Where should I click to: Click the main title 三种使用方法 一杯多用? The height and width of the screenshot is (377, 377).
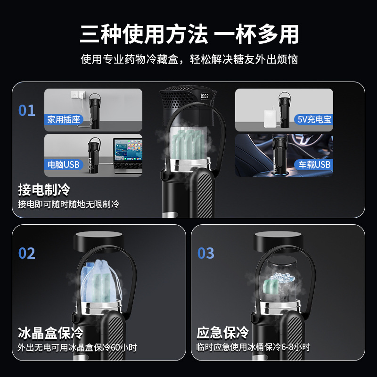pos(188,34)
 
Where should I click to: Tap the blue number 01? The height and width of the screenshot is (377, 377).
pos(27,110)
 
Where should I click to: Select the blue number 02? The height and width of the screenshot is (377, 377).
pos(27,253)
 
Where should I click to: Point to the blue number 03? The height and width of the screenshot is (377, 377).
pos(206,253)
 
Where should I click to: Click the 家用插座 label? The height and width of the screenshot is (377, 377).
pos(65,120)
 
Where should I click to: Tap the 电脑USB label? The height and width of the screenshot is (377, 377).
pos(64,164)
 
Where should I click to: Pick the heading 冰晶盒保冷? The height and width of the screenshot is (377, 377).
pos(50,333)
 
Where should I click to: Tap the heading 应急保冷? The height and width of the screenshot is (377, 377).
pos(222,333)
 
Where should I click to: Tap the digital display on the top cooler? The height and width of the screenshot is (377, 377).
pos(205,96)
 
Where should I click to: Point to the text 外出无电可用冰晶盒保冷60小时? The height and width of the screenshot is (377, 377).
pos(77,348)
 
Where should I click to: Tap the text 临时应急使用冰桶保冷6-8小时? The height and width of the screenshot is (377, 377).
pos(254,348)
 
